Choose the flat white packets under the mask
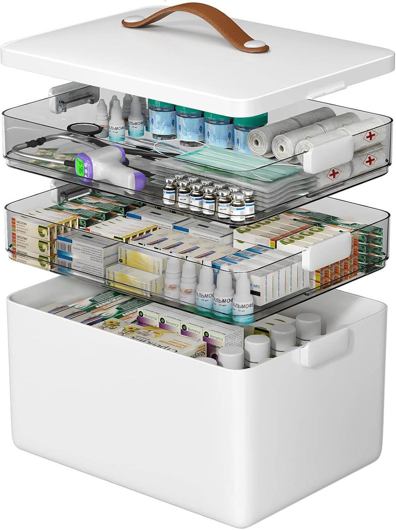[x=198, y=178]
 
